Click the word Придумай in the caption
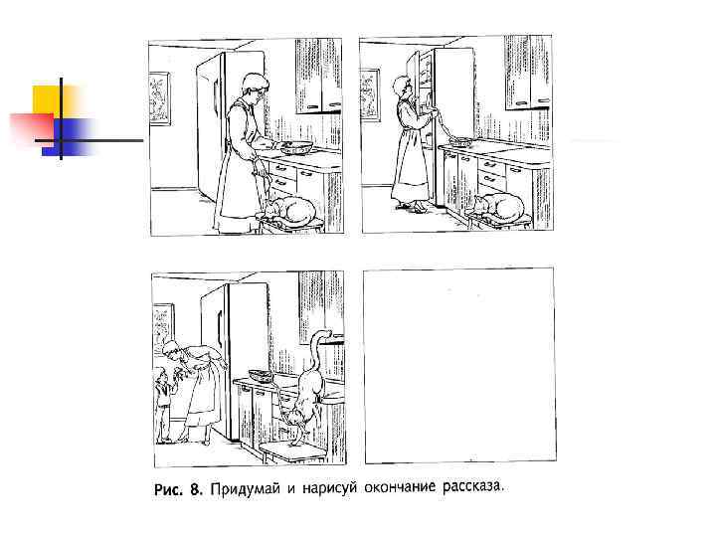click(245, 489)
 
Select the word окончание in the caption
click(400, 487)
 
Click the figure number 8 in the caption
click(196, 489)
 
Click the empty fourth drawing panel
click(459, 365)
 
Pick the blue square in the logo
click(69, 137)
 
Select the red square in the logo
click(33, 128)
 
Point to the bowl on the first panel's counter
click(296, 147)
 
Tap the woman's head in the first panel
click(253, 89)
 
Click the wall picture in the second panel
click(369, 94)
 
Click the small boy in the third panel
click(163, 404)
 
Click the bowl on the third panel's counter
click(262, 375)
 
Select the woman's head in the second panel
click(403, 87)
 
